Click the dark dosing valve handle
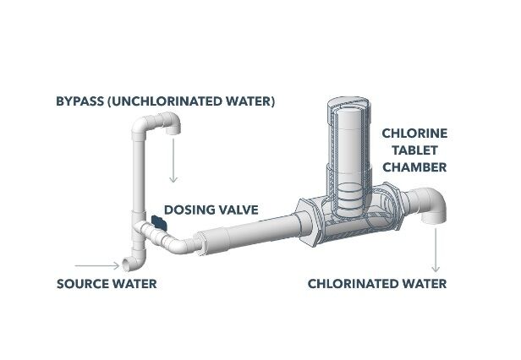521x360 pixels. [x=156, y=223]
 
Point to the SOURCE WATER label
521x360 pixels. [x=107, y=283]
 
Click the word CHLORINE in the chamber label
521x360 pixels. [x=414, y=134]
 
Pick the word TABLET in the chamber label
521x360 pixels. [x=414, y=150]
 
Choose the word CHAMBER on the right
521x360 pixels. [x=414, y=167]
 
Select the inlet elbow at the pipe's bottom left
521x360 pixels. [x=133, y=253]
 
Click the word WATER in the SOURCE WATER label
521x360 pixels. [x=134, y=283]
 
